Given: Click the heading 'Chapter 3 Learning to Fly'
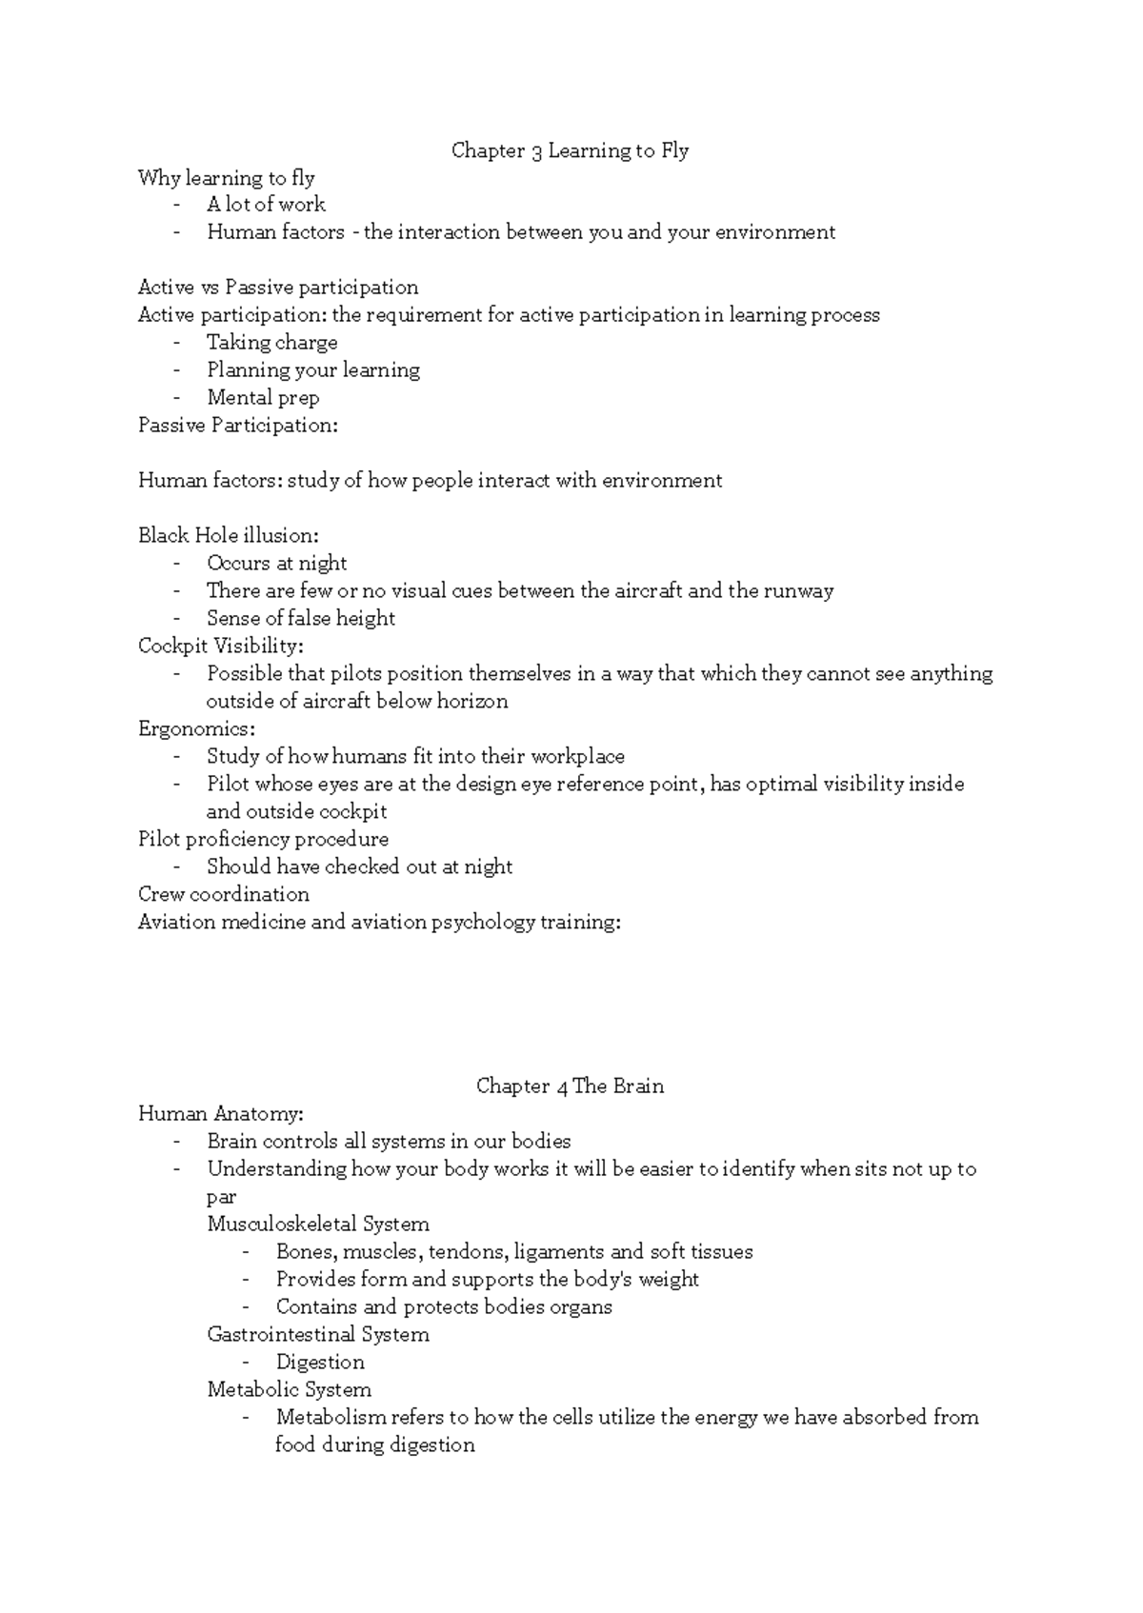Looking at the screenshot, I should coord(570,150).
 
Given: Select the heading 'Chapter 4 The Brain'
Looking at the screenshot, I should coord(570,1086).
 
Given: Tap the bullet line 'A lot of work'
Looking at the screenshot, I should coord(266,205).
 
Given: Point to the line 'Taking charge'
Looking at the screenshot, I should coord(271,343).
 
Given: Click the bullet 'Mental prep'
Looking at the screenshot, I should coord(263,398).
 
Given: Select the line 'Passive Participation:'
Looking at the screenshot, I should coord(238,426).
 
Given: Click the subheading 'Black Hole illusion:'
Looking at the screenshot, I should coord(229,535).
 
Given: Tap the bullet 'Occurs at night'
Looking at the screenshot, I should coord(276,564).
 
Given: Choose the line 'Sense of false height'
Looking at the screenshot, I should coord(300,619).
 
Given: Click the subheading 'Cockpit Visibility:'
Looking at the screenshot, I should coord(221,647).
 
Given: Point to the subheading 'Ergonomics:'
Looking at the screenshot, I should coord(197,729).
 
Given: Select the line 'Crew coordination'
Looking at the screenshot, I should coord(224,895).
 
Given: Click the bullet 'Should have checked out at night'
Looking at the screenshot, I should coord(359,867).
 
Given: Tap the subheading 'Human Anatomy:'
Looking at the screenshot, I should coord(221,1114).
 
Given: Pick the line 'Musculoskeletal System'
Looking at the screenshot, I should coord(318,1225).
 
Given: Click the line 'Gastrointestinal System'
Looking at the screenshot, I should coord(318,1335).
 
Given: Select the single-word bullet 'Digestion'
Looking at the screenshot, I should coord(320,1363).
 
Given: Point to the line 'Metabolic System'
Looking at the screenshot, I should coord(289,1390).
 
